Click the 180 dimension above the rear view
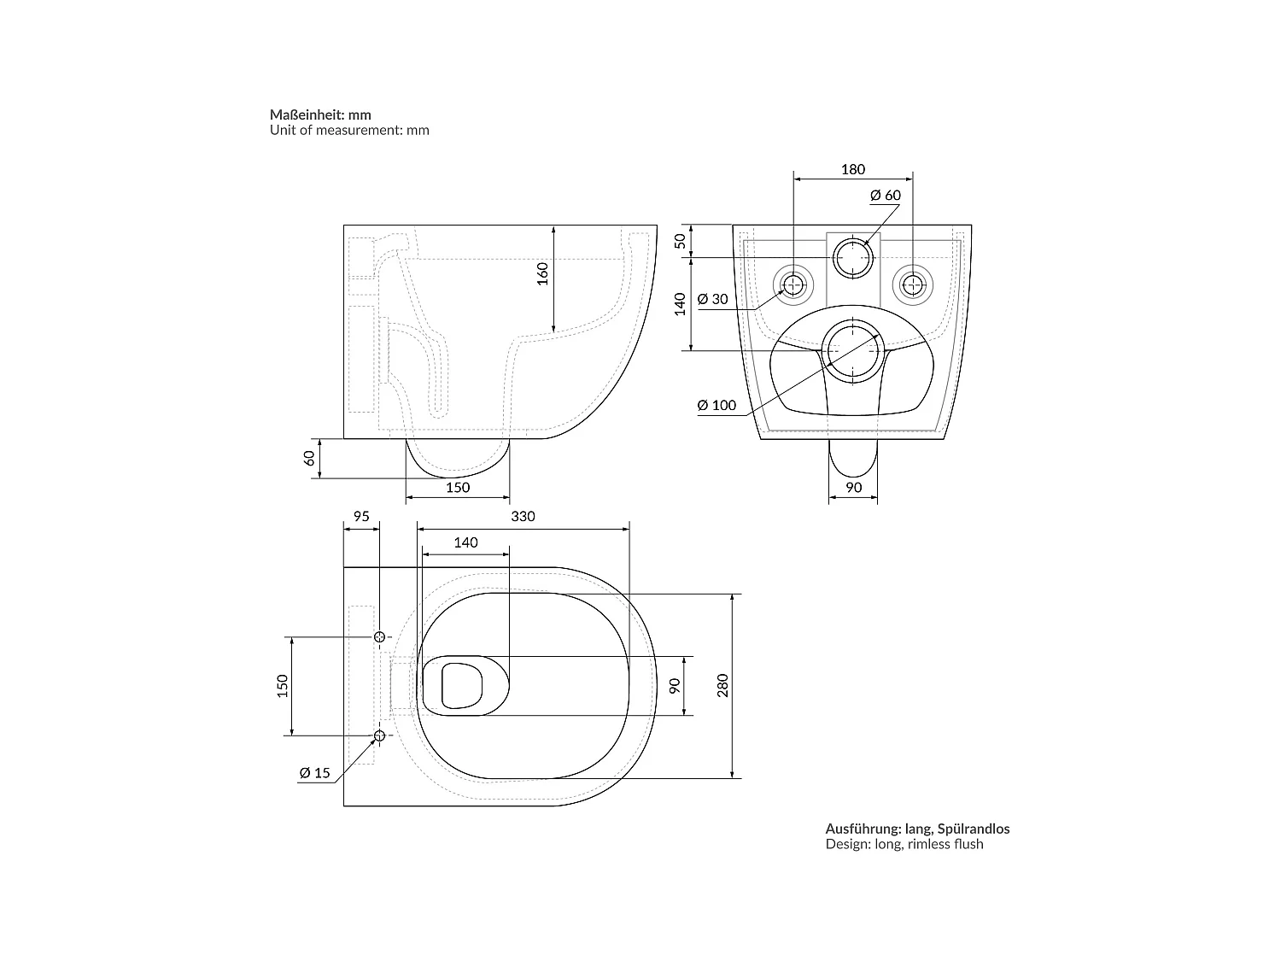852,169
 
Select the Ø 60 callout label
885,196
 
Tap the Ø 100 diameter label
716,405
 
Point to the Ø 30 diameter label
712,299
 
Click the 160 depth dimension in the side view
542,273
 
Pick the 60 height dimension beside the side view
310,457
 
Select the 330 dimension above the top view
523,517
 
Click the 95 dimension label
360,517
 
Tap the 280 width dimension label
722,686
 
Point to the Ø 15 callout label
314,773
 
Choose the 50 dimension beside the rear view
681,240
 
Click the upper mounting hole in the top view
380,636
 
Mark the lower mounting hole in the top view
380,735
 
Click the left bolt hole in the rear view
794,284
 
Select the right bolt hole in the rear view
913,284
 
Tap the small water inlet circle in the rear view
853,257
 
